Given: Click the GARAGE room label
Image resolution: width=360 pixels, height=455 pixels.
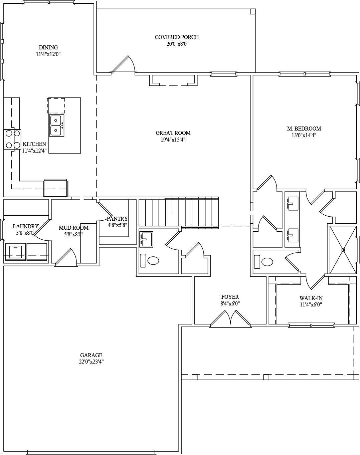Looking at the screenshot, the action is click(x=91, y=355).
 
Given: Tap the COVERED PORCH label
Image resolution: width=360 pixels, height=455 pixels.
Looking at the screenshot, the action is click(x=177, y=37).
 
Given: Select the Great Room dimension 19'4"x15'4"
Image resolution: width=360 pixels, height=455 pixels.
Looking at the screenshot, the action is click(x=173, y=140).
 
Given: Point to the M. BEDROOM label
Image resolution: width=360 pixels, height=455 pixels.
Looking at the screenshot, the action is click(x=304, y=129).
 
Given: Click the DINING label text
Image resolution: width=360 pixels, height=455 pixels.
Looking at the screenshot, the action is click(x=48, y=47).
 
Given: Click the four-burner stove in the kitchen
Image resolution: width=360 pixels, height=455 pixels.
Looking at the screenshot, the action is click(x=12, y=139).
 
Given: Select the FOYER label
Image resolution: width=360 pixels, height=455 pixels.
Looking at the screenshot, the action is click(x=230, y=297).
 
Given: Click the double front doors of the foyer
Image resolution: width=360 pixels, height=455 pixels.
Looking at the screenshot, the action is click(x=230, y=318).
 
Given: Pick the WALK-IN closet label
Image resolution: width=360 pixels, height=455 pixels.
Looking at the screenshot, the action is click(x=311, y=298).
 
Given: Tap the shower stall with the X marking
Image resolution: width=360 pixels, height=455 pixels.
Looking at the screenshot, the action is click(x=343, y=250).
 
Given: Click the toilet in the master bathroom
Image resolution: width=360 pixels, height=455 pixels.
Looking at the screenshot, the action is click(x=263, y=262).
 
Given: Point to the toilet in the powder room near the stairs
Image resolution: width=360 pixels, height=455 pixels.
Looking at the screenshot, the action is click(x=150, y=260).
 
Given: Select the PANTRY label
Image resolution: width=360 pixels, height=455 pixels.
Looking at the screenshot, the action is click(x=117, y=219).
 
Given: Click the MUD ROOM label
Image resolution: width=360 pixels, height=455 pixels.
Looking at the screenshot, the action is click(x=73, y=228).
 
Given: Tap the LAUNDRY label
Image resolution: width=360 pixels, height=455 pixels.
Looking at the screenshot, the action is click(x=26, y=226).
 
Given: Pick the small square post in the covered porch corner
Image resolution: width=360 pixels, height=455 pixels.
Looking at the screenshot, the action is click(x=253, y=11).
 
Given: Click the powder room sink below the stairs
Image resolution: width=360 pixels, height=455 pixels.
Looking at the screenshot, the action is click(x=146, y=239).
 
